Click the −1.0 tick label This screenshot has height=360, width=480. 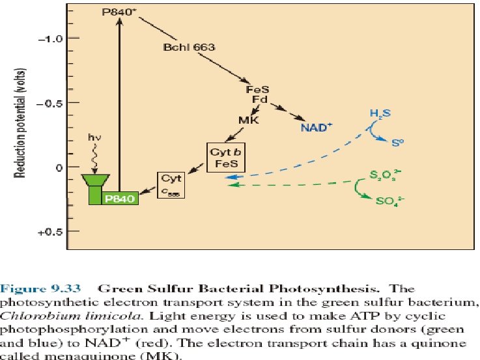coord(49,38)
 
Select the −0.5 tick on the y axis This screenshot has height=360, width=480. coord(49,103)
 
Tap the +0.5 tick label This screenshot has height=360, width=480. coord(49,231)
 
